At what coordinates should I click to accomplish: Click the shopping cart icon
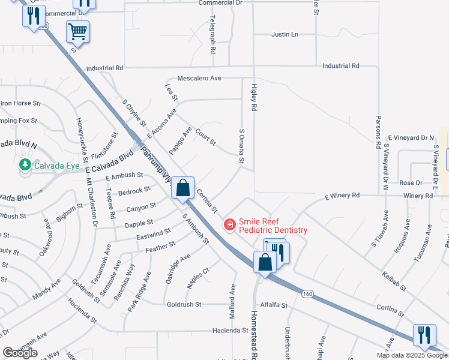pyautogui.click(x=78, y=31)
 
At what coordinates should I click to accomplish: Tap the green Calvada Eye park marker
pyautogui.click(x=25, y=164)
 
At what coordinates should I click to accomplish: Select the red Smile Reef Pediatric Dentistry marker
pyautogui.click(x=229, y=225)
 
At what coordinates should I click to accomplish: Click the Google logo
pyautogui.click(x=20, y=353)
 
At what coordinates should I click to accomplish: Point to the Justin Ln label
pyautogui.click(x=285, y=35)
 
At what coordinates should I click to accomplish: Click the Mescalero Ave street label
pyautogui.click(x=199, y=79)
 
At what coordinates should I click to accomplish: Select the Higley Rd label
pyautogui.click(x=254, y=98)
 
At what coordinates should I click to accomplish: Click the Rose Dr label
pyautogui.click(x=411, y=182)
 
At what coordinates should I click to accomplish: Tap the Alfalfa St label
pyautogui.click(x=275, y=305)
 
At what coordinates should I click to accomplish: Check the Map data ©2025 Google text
pyautogui.click(x=412, y=355)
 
